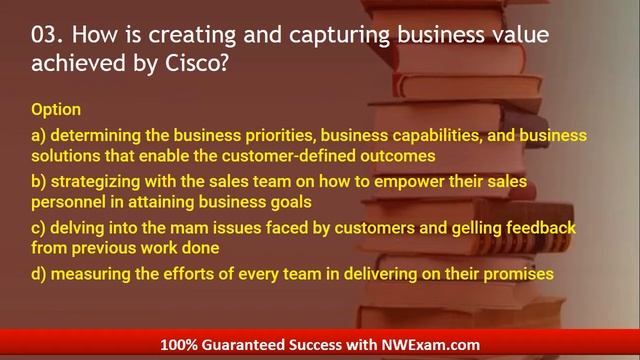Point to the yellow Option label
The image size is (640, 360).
(56, 108)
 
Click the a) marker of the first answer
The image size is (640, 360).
(39, 134)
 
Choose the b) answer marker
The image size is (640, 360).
(39, 181)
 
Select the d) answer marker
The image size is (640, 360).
(39, 273)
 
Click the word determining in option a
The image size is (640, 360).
(94, 134)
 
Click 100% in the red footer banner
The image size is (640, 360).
(182, 345)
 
